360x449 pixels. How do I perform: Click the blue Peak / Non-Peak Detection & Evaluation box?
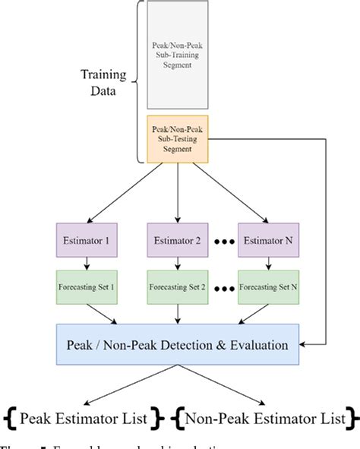click(x=176, y=344)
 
